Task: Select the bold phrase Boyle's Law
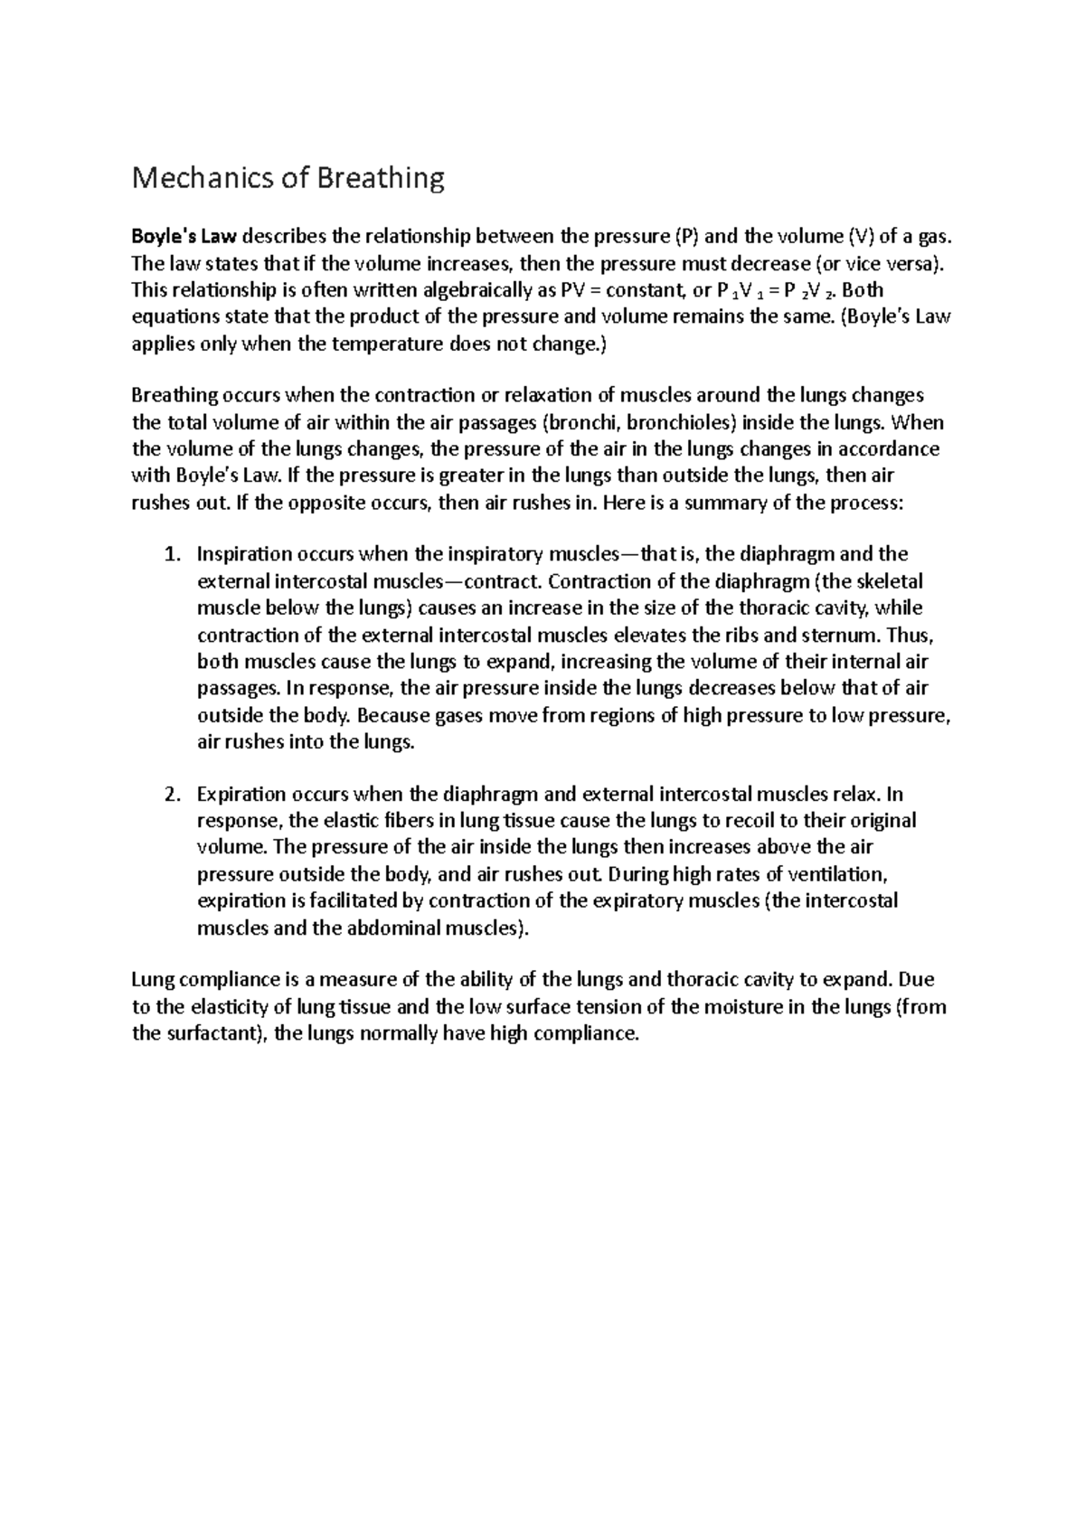[x=184, y=238]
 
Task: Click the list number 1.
[x=172, y=554]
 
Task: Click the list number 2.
[x=172, y=795]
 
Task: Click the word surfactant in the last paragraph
[x=214, y=1034]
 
